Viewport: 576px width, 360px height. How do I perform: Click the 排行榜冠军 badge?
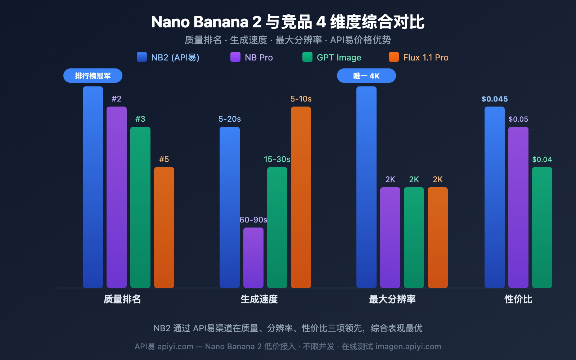(x=93, y=76)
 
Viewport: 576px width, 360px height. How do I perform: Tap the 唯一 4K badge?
(x=366, y=76)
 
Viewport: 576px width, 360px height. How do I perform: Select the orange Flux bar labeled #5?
(x=164, y=227)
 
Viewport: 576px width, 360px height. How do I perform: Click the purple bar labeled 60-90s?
(x=253, y=257)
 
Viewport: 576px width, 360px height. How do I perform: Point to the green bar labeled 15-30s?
(x=277, y=227)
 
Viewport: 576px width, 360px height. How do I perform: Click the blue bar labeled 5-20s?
(x=230, y=207)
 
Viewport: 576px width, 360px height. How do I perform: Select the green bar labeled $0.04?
(x=542, y=227)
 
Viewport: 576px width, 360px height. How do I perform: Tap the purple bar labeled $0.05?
(x=518, y=207)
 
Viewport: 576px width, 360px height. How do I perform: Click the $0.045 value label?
(x=495, y=99)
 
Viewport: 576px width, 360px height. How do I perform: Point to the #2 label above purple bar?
(x=116, y=99)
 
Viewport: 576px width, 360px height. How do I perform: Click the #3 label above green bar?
(x=140, y=119)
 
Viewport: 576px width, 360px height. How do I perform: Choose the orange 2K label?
(x=438, y=179)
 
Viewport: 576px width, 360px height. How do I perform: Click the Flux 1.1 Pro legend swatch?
(x=394, y=57)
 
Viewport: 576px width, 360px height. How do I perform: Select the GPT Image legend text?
(x=339, y=58)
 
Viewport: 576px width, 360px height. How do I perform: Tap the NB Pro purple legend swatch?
(x=235, y=57)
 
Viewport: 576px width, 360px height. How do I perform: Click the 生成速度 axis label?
(x=259, y=299)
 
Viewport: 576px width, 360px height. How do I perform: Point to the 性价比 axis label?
(x=518, y=299)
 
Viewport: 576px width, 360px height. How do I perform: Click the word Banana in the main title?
(x=221, y=22)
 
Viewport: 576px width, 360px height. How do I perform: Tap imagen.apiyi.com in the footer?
(x=408, y=346)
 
